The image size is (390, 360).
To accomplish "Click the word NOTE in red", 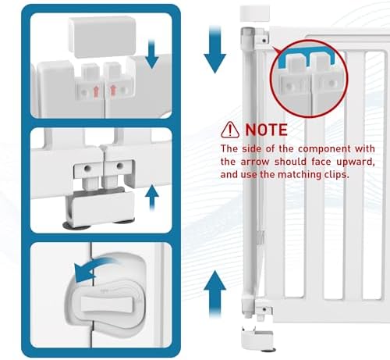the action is point(266,130).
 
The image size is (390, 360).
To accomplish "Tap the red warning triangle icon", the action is point(230,130).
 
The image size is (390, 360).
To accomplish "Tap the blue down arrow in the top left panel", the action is point(151,54).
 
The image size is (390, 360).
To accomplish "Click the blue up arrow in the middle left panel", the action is point(152,198).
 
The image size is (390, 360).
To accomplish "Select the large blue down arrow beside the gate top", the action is point(214,49).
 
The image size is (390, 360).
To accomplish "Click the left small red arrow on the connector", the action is point(96,92).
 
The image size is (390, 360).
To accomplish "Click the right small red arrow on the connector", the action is point(113,91).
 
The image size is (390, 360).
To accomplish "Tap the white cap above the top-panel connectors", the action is point(102,37).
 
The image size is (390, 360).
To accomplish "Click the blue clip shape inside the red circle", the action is point(306,57).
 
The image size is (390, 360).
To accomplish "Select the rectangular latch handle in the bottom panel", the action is point(108,305).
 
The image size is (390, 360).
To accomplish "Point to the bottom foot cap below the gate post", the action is point(257,338).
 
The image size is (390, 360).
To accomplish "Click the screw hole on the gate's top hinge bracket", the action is point(264,41).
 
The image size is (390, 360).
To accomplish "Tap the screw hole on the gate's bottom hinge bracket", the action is point(264,309).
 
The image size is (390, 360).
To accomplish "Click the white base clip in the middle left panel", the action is point(100,205).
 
